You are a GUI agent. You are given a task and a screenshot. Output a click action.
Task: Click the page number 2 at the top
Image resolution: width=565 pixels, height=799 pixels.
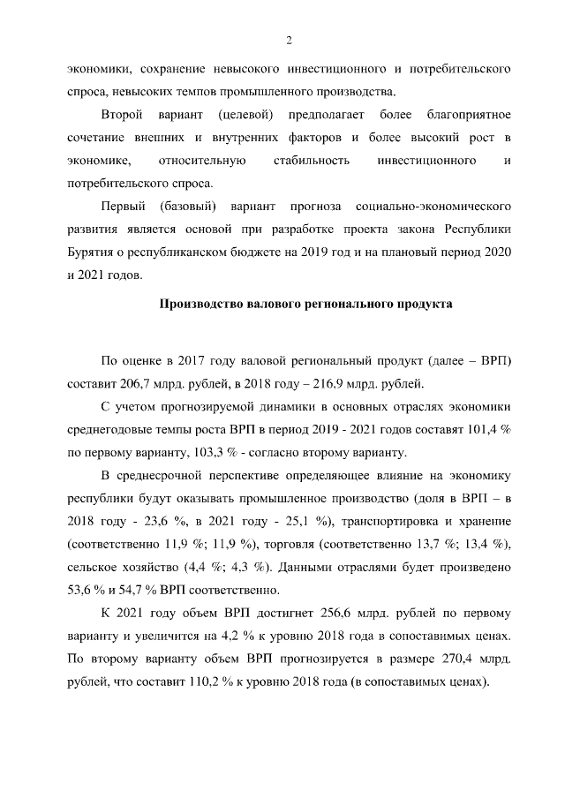click(x=288, y=39)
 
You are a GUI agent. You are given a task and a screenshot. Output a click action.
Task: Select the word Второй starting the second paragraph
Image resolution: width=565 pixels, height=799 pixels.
click(x=122, y=116)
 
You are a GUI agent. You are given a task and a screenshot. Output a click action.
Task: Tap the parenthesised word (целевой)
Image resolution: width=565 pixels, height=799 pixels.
click(x=245, y=116)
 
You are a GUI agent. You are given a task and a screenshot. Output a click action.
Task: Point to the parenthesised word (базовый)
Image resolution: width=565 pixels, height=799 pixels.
click(x=189, y=207)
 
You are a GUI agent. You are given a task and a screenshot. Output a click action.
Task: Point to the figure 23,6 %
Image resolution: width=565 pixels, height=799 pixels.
click(x=170, y=522)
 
